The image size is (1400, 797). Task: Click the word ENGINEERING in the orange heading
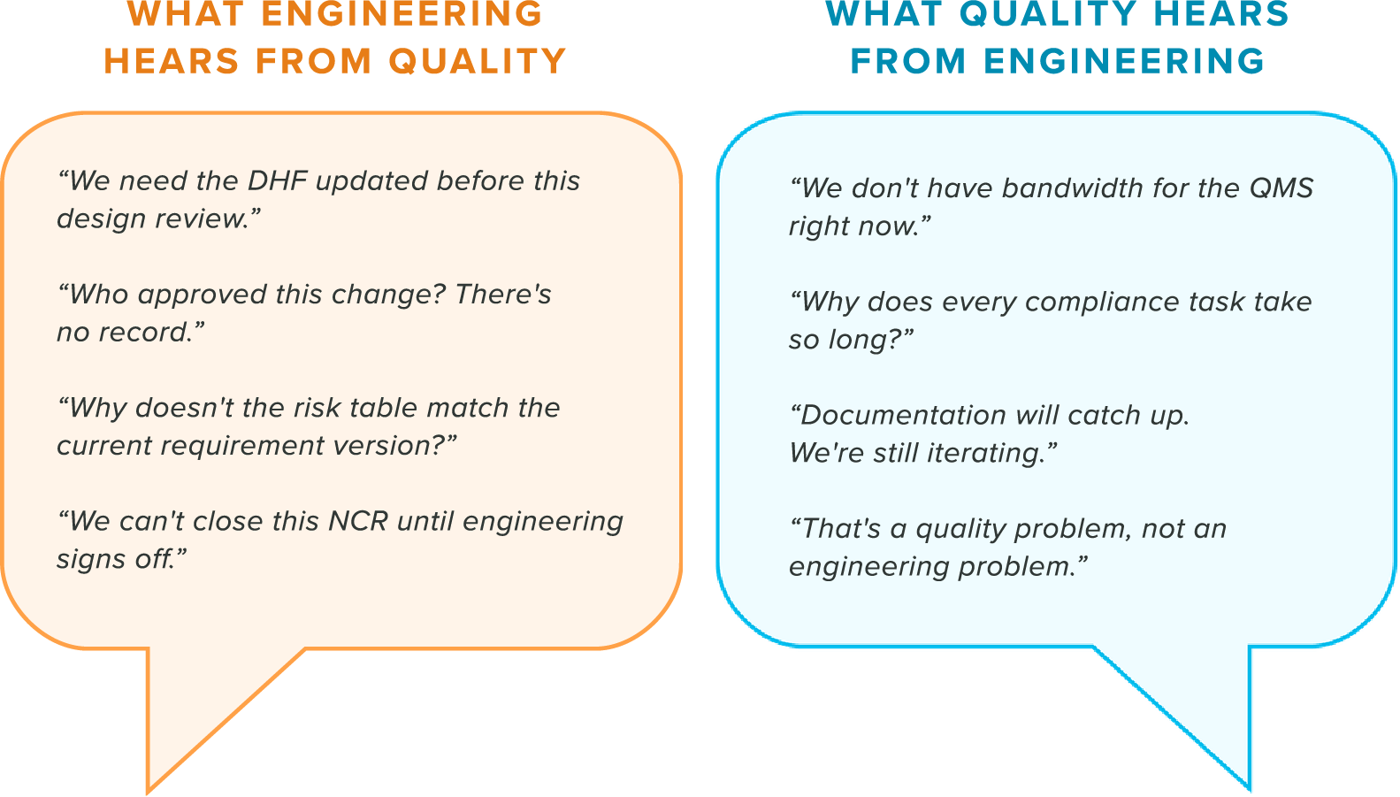[x=402, y=14]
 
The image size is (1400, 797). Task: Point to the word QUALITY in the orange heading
[x=478, y=61]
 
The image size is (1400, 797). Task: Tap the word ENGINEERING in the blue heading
[x=1124, y=61]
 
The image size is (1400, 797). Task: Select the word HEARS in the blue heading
[x=1221, y=14]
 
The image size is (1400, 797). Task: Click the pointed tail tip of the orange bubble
[x=148, y=792]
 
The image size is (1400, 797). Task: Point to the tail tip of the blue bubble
[x=1250, y=789]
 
